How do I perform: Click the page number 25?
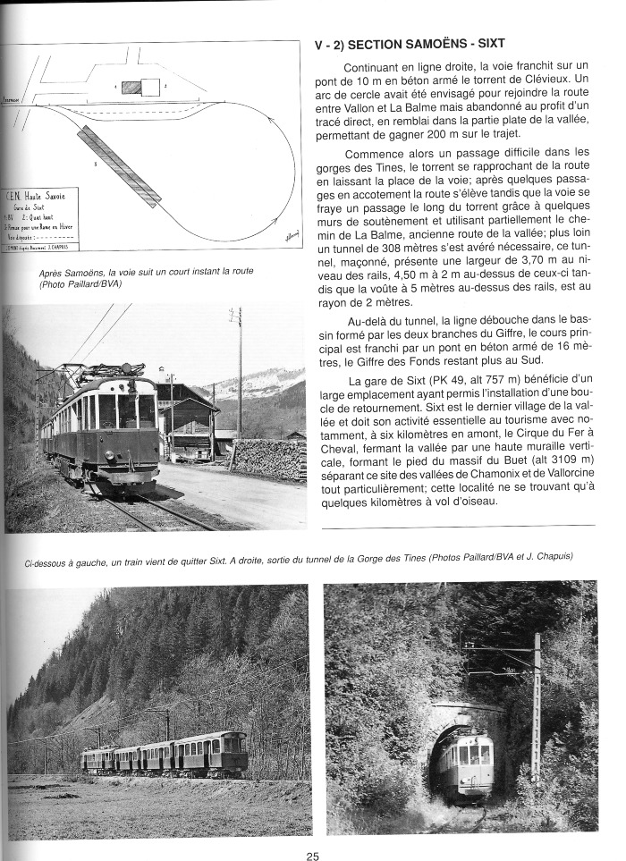click(x=312, y=857)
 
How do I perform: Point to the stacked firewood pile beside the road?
click(x=267, y=458)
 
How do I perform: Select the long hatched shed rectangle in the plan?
click(x=119, y=165)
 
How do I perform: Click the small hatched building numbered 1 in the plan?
click(x=131, y=88)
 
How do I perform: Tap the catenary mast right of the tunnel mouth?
click(x=537, y=706)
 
